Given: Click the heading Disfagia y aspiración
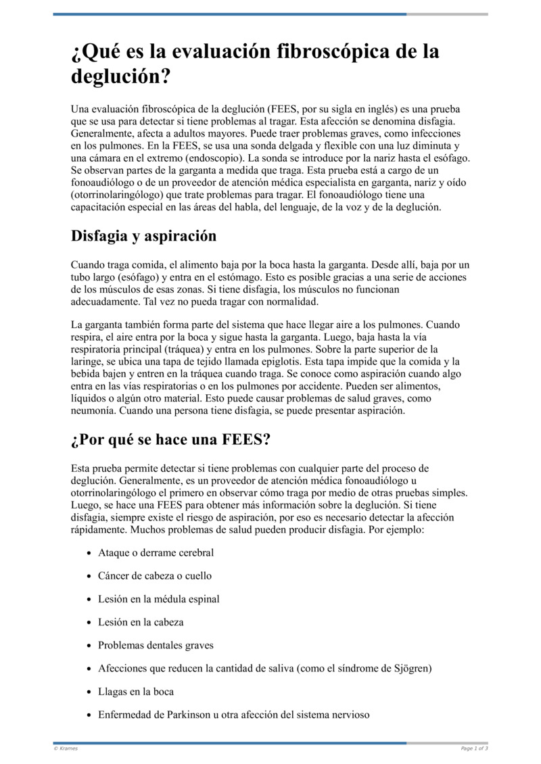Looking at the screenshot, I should pos(143,236).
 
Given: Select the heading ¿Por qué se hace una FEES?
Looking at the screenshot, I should pos(170,440).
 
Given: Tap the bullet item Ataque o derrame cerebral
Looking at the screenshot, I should pos(156,553).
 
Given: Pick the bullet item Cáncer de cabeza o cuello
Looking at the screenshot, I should pos(154,576).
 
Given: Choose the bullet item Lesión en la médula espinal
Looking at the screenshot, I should pos(158,599).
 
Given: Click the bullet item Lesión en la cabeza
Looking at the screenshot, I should pos(141,622).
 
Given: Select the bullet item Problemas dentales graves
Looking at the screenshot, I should pos(156,645).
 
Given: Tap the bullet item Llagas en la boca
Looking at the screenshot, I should pos(136,692).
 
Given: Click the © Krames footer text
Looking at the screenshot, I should pos(66,748).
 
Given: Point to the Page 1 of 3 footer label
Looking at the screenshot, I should pos(473,748).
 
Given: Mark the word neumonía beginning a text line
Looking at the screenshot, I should pos(92,410).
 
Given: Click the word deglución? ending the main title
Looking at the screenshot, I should pos(120,76).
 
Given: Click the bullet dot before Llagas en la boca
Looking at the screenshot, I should pos(90,692).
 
